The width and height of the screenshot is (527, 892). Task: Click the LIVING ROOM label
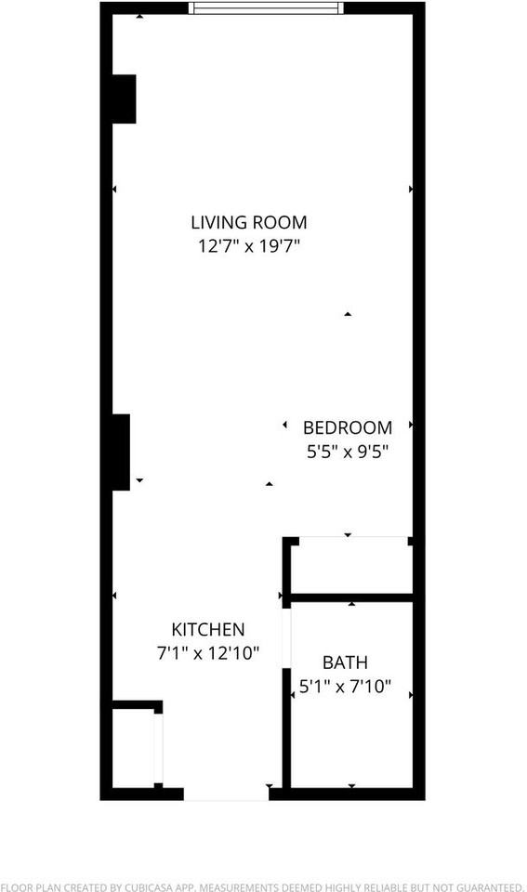(248, 223)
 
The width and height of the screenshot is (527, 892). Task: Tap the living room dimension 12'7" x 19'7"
(248, 247)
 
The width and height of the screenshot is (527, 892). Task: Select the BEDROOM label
(348, 428)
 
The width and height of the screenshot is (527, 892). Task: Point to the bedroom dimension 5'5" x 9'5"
(348, 453)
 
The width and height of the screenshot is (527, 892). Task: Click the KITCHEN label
(207, 629)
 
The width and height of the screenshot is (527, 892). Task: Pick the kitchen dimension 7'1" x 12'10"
(207, 653)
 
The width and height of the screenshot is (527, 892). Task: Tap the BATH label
(345, 663)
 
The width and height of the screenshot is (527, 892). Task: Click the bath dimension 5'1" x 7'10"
(345, 688)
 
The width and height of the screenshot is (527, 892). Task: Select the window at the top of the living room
(266, 8)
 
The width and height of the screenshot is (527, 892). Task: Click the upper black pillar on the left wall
(124, 98)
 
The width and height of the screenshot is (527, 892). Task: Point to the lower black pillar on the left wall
(121, 452)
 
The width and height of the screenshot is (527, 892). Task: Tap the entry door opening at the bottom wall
(226, 794)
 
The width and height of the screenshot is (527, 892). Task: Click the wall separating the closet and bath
(350, 596)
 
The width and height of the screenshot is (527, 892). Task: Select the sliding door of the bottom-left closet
(159, 748)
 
